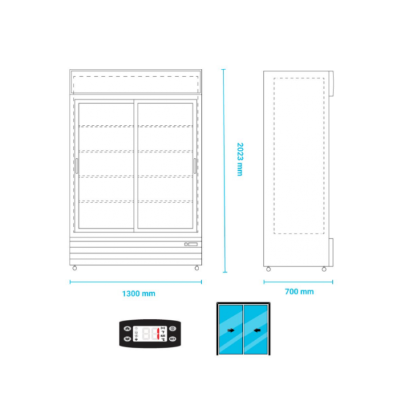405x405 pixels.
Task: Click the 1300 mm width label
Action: [138, 294]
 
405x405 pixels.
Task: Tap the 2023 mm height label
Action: [239, 159]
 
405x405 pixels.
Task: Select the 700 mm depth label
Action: [299, 292]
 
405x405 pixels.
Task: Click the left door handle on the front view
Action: [77, 165]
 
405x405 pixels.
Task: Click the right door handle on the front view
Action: [196, 165]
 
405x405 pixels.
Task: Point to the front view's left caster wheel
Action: [74, 269]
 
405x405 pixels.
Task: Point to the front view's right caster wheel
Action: [197, 269]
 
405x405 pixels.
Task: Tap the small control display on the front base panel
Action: [191, 244]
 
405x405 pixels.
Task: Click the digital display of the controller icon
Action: [149, 333]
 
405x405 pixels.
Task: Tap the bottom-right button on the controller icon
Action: [172, 338]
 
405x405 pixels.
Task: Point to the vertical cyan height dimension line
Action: [223, 169]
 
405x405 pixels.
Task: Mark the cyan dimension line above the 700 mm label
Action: [297, 282]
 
